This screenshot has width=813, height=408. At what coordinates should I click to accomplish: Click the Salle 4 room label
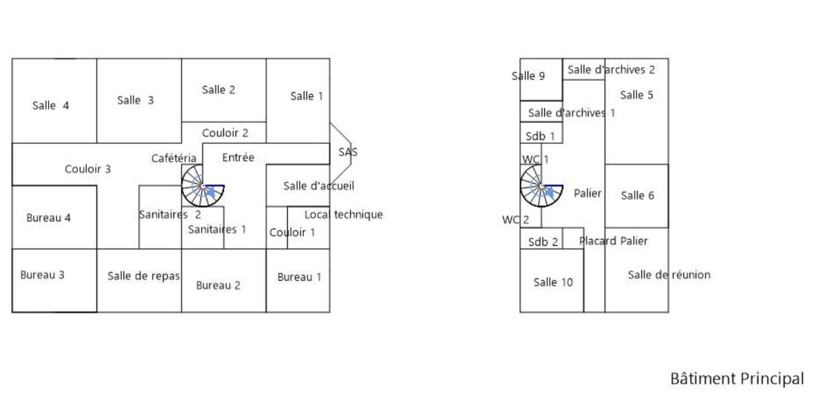[50, 106]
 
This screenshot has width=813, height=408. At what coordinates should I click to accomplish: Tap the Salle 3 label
[135, 101]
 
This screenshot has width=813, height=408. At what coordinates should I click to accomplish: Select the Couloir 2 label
[225, 133]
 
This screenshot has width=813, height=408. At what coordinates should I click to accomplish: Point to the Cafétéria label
[174, 159]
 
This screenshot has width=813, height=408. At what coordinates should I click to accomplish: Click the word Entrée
[238, 158]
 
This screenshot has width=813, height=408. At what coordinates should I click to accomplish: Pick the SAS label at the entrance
[348, 152]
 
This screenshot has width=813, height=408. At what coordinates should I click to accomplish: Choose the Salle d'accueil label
[318, 186]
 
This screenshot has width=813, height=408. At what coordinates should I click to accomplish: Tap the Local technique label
[343, 214]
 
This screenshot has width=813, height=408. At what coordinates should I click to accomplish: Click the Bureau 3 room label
[42, 275]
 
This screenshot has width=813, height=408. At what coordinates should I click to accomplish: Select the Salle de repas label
[143, 276]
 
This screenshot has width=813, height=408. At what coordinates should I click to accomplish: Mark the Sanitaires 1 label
[217, 229]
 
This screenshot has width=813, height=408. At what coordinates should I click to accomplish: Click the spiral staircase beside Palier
[541, 186]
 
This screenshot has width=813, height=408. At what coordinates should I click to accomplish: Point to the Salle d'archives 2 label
[610, 70]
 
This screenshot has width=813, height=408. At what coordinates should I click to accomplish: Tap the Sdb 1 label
[540, 136]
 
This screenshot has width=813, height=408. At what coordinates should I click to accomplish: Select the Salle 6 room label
[637, 196]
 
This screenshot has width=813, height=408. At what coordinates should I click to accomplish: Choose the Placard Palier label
[613, 241]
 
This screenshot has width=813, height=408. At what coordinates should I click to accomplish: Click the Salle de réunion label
[668, 275]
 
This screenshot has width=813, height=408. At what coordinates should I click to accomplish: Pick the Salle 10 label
[553, 282]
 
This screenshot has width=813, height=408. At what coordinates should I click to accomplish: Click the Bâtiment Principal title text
[736, 379]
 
